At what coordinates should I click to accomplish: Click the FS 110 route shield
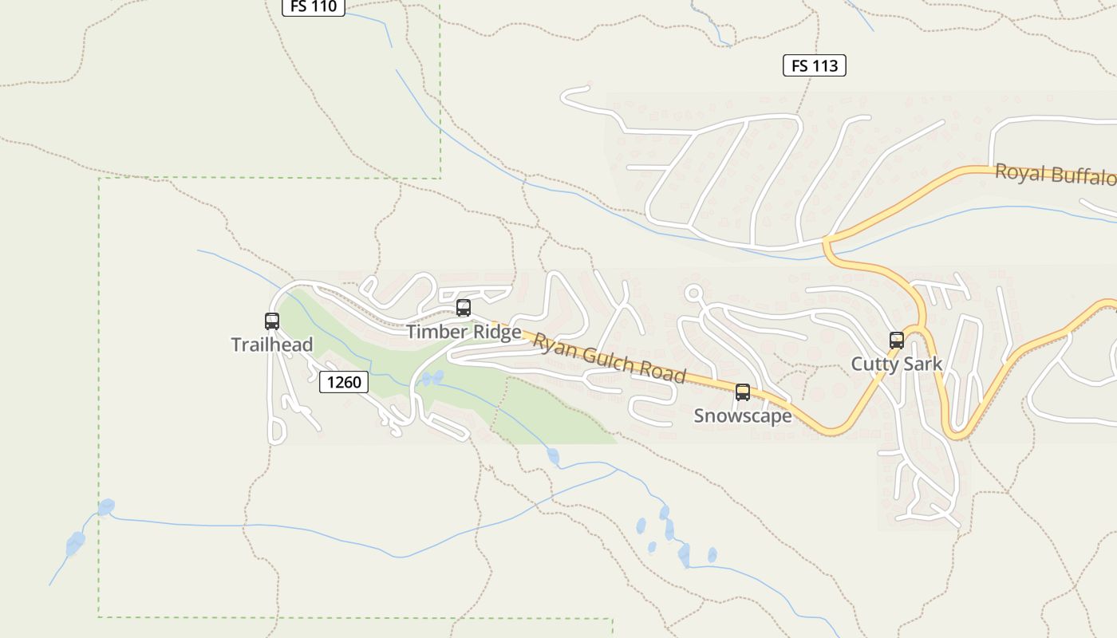pyautogui.click(x=313, y=7)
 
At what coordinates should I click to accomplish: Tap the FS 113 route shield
pyautogui.click(x=814, y=65)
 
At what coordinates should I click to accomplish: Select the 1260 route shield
pyautogui.click(x=344, y=382)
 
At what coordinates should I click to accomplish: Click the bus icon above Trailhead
pyautogui.click(x=272, y=321)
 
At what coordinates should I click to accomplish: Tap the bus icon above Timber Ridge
pyautogui.click(x=464, y=308)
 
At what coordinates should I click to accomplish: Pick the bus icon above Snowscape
pyautogui.click(x=743, y=392)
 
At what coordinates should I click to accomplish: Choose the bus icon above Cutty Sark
pyautogui.click(x=897, y=341)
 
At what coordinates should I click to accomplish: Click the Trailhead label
pyautogui.click(x=272, y=345)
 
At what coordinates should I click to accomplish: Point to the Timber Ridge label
pyautogui.click(x=464, y=332)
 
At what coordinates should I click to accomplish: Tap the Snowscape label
pyautogui.click(x=743, y=415)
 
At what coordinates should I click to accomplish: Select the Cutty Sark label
pyautogui.click(x=897, y=364)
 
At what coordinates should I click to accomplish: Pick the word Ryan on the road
pyautogui.click(x=555, y=345)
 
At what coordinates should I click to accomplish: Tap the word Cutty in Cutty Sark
pyautogui.click(x=874, y=364)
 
